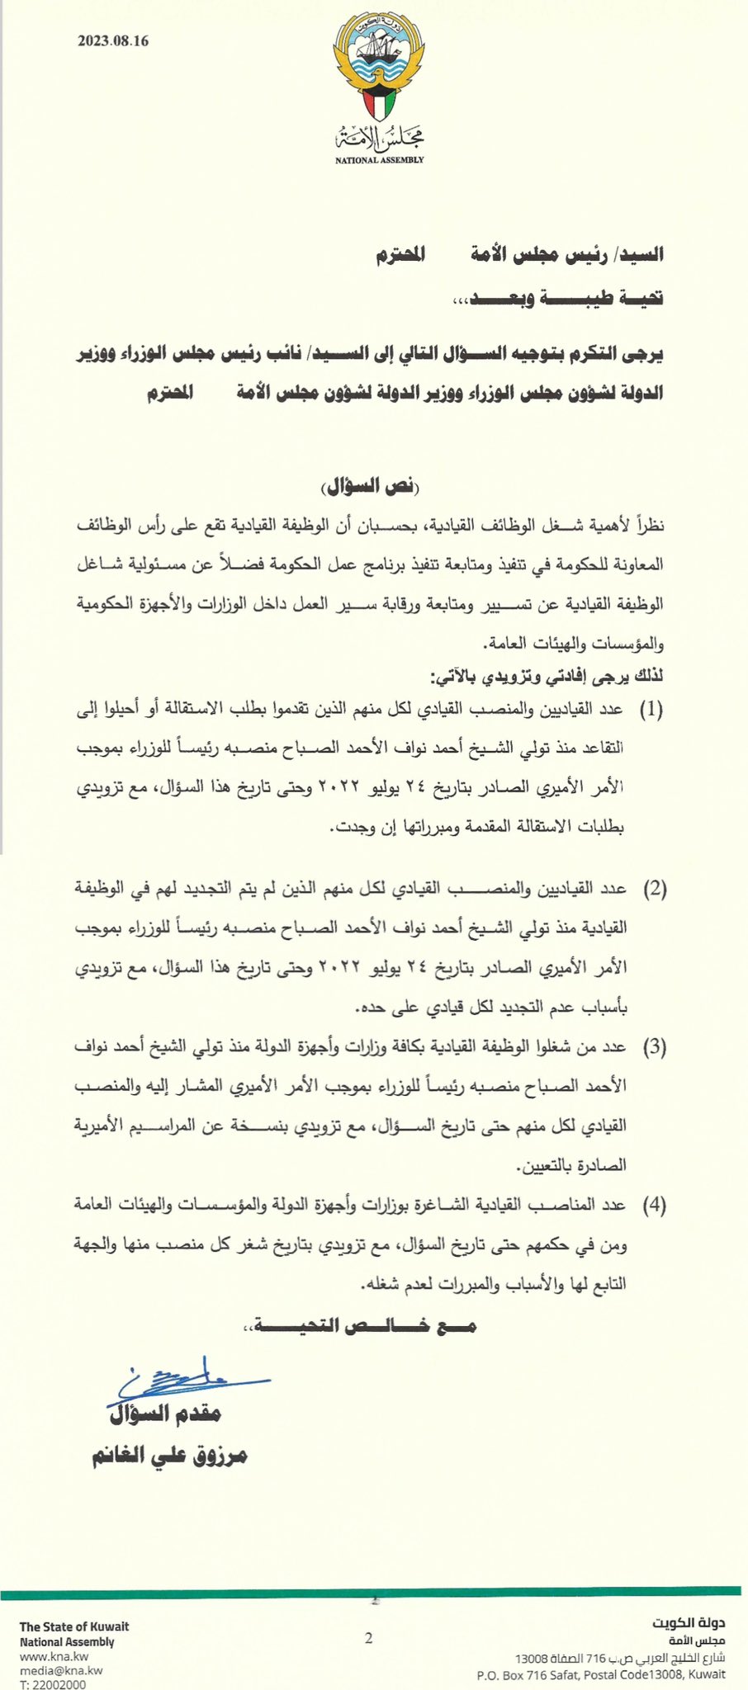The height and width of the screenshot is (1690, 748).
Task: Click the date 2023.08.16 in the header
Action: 113,41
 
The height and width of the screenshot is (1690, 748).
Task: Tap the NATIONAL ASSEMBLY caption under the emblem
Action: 379,159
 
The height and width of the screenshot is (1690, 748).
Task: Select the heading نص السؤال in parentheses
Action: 371,486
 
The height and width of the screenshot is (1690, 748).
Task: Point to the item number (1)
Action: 651,709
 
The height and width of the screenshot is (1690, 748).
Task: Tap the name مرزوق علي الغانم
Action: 169,1456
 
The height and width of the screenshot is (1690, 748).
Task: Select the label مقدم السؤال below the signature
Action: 165,1414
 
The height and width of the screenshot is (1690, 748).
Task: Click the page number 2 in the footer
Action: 369,1638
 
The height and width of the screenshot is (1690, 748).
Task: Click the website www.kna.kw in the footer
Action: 54,1656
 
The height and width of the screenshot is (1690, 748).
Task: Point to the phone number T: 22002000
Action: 53,1684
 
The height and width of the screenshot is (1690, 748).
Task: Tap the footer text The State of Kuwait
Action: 74,1626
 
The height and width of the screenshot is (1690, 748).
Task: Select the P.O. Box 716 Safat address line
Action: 601,1674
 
